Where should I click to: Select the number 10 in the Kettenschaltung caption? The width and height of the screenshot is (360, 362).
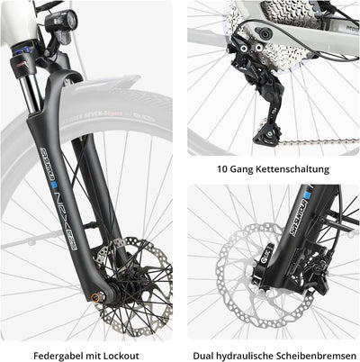(223, 168)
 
